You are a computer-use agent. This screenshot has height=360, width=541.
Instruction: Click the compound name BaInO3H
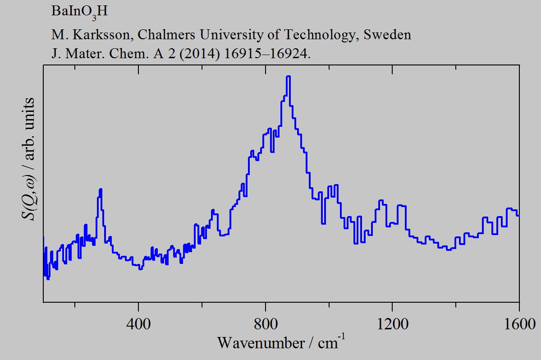(79, 12)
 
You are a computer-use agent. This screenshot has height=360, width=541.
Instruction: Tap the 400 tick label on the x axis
(139, 323)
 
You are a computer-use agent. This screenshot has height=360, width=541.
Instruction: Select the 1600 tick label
(519, 323)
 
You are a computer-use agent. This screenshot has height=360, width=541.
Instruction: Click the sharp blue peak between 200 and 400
(101, 189)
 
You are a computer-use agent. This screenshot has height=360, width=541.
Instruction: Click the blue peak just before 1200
(381, 200)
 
